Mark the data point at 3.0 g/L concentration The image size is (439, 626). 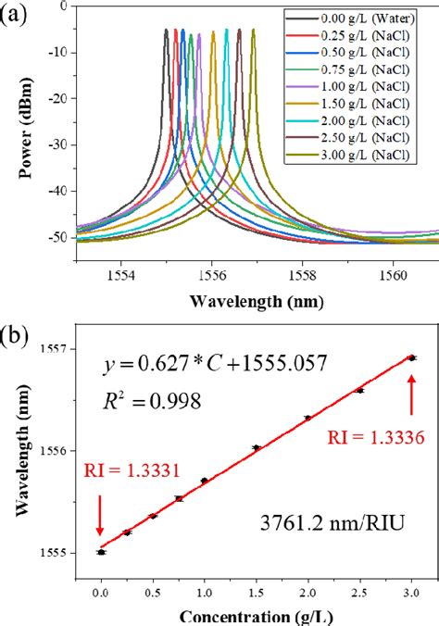click(412, 357)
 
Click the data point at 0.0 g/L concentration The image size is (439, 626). click(101, 552)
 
